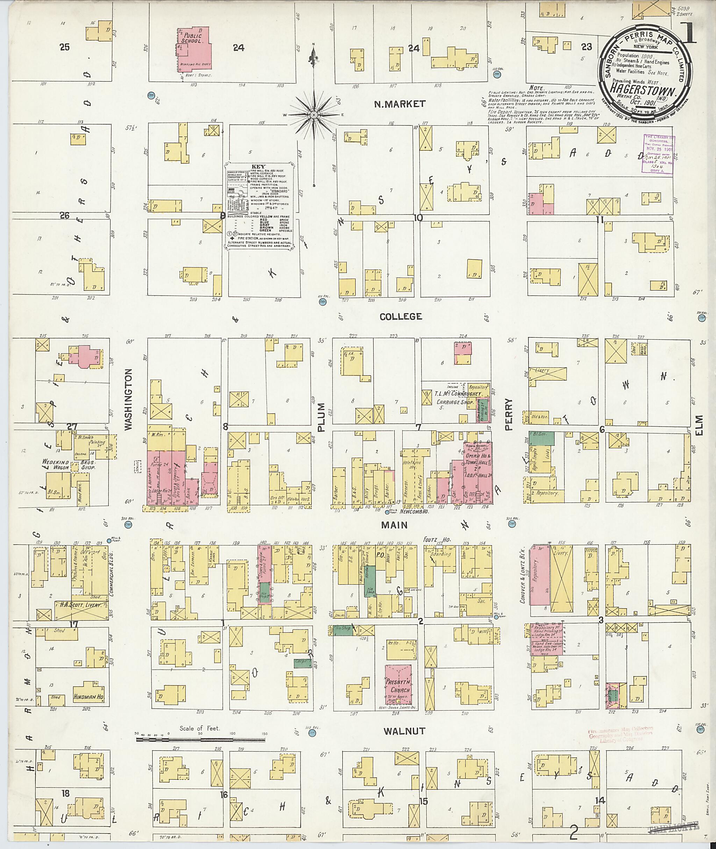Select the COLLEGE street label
[x=401, y=317]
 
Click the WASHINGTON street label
[x=129, y=400]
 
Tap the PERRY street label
[x=509, y=414]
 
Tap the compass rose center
[x=313, y=115]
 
